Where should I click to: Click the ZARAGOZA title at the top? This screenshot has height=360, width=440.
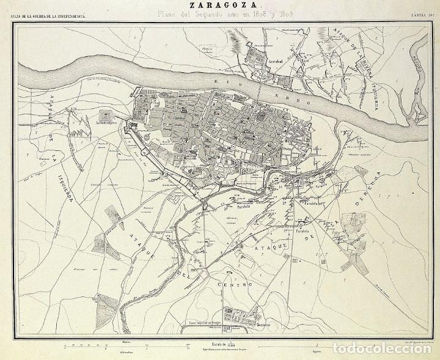[221, 6]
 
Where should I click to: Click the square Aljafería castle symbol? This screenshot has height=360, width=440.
[106, 114]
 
